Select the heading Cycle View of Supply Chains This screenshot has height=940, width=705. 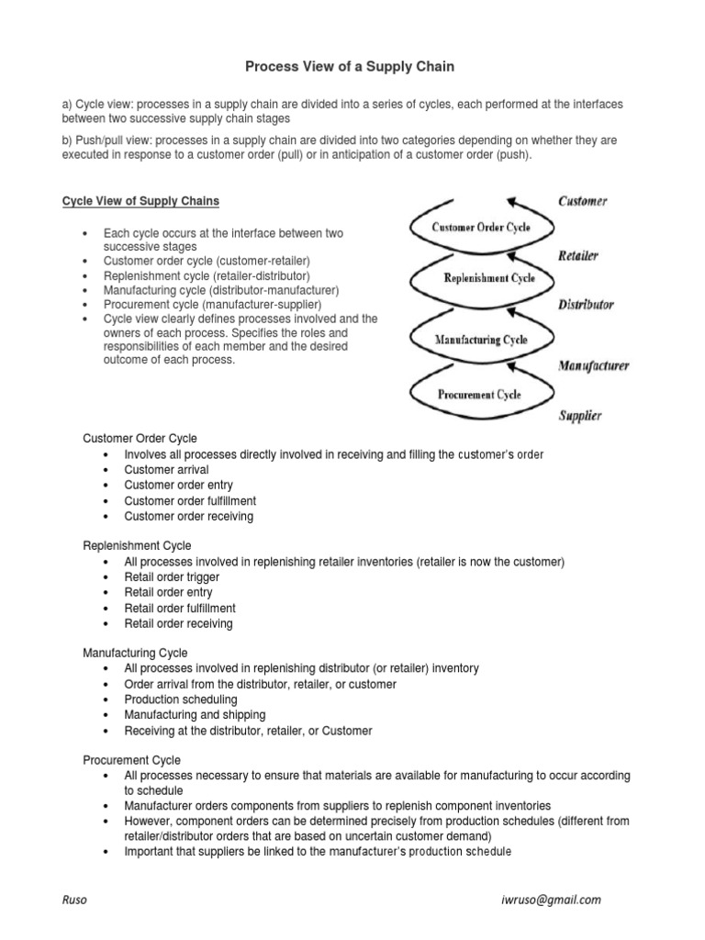[x=140, y=201]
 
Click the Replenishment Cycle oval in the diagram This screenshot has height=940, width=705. [x=489, y=278]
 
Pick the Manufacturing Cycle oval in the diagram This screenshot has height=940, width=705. [x=481, y=340]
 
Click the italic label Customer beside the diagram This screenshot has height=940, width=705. [x=582, y=201]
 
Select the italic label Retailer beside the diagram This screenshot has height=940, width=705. [x=578, y=255]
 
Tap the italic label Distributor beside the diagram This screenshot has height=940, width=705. [x=586, y=305]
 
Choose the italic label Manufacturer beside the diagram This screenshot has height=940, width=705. [x=593, y=365]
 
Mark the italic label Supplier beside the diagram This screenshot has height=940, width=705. [x=580, y=416]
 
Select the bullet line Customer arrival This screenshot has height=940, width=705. [x=166, y=470]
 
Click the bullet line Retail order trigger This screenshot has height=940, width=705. [x=172, y=577]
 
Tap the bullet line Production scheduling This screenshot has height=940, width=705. [x=180, y=699]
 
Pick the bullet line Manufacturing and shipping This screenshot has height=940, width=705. [x=195, y=715]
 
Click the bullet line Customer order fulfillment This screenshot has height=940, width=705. [x=190, y=501]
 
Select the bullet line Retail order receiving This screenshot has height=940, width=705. [x=178, y=623]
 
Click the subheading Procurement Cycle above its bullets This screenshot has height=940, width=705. [x=132, y=760]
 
